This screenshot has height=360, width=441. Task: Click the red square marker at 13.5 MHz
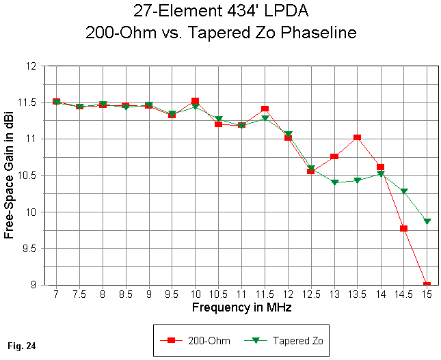[357, 138]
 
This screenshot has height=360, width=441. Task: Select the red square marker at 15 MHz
[427, 285]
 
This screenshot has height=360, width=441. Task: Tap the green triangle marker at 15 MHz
[427, 221]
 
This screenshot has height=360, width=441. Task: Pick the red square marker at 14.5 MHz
[403, 228]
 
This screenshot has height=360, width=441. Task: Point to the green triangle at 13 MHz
[334, 182]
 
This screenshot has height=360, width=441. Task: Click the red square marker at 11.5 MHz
[265, 109]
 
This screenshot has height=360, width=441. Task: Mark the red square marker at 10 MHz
[195, 101]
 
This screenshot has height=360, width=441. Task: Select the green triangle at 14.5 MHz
[403, 192]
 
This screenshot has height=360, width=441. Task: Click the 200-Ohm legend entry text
[206, 340]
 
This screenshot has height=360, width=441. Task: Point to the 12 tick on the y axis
[30, 66]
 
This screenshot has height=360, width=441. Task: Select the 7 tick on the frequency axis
[56, 294]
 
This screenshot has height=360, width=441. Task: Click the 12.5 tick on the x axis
[310, 294]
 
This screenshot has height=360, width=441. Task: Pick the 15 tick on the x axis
[427, 294]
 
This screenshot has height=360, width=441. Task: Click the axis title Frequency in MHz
[241, 307]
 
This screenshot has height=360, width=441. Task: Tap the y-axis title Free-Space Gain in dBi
[9, 176]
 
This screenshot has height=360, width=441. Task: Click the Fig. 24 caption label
[22, 346]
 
